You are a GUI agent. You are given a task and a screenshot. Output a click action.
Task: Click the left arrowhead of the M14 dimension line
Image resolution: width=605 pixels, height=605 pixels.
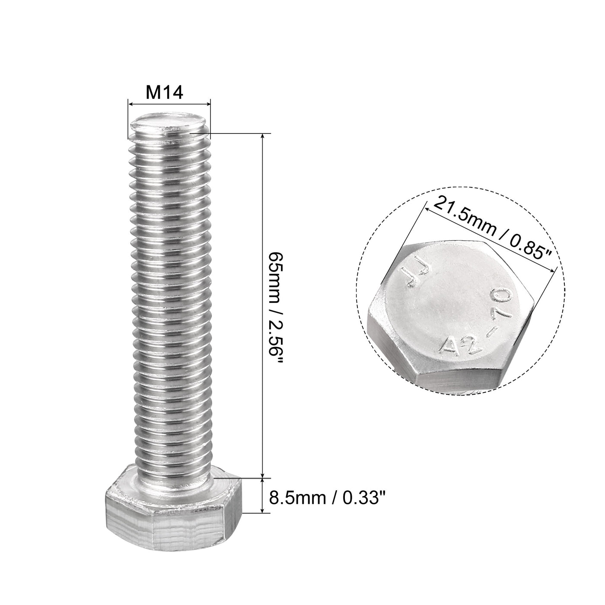[x=130, y=103]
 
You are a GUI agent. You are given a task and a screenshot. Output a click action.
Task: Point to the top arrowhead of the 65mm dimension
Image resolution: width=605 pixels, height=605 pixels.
[x=263, y=136]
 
